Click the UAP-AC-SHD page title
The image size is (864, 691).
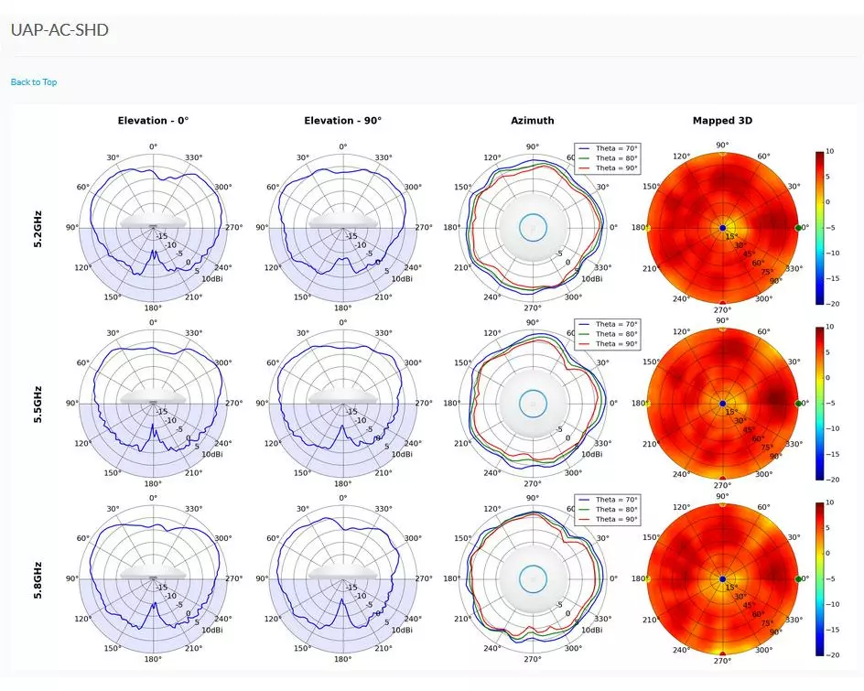click(59, 30)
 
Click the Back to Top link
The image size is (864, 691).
click(34, 82)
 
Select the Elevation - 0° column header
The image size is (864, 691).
click(153, 121)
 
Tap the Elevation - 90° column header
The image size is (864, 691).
click(342, 121)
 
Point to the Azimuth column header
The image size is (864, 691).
click(532, 121)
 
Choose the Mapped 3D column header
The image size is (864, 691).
click(722, 121)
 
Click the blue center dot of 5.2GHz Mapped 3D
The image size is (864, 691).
click(722, 227)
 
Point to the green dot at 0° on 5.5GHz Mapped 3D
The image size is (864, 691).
click(798, 403)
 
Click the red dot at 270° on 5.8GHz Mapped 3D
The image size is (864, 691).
click(722, 653)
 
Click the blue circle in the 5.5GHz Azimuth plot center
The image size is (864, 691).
click(533, 403)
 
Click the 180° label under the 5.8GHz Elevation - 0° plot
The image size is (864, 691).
click(153, 659)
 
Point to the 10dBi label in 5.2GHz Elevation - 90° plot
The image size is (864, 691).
click(401, 278)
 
